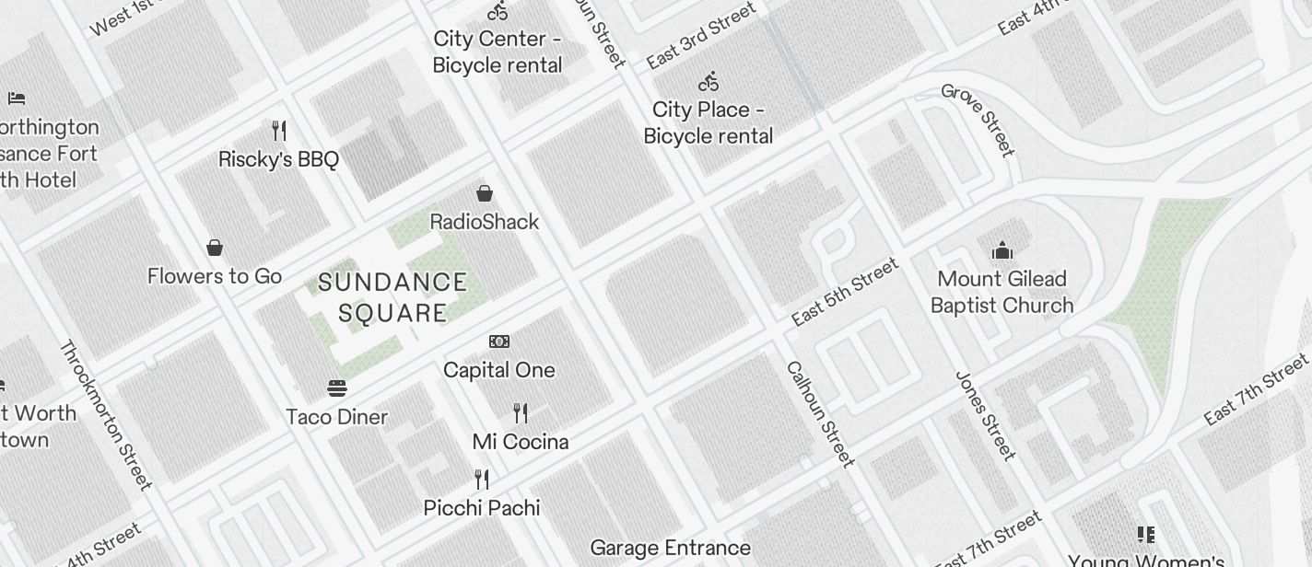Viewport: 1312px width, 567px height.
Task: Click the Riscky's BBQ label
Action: [x=278, y=159]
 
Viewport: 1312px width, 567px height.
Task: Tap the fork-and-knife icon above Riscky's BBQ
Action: [x=279, y=131]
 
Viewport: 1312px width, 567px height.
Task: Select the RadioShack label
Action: [x=485, y=222]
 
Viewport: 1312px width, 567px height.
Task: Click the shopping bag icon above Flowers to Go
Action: [x=215, y=248]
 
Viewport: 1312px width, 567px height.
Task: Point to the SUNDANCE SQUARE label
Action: [x=392, y=297]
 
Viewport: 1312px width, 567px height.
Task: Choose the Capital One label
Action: [x=498, y=370]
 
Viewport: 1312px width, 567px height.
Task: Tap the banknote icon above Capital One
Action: [x=498, y=341]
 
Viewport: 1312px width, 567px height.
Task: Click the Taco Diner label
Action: [x=336, y=417]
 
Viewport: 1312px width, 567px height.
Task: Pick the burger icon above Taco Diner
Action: [x=336, y=388]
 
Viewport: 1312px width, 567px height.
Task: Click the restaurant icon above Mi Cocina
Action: [x=521, y=412]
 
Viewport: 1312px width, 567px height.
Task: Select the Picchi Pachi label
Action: [x=481, y=508]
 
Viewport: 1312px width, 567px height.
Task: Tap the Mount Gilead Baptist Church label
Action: [x=1002, y=292]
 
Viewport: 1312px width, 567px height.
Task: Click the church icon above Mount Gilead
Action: [x=1002, y=250]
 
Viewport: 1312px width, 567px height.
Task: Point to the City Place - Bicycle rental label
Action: [x=708, y=122]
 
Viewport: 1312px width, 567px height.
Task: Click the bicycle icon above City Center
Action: [x=498, y=11]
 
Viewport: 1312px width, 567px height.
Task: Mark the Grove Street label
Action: [x=978, y=120]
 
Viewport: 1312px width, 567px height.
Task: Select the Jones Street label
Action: [x=985, y=415]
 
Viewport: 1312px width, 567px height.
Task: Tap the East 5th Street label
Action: [x=844, y=293]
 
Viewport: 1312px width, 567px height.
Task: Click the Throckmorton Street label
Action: [x=105, y=415]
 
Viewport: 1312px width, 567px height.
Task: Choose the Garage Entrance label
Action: [x=670, y=549]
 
